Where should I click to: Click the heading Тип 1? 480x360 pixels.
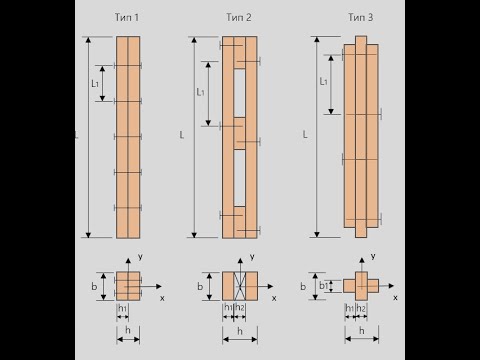tap(127, 17)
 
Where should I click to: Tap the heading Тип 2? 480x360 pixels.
tap(239, 17)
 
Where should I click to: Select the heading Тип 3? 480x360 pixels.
tap(361, 17)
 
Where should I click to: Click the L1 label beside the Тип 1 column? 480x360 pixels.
tap(95, 83)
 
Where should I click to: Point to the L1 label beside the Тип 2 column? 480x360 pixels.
tap(200, 92)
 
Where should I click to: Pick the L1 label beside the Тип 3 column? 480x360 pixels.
tap(323, 81)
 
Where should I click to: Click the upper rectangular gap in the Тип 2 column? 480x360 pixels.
tap(240, 93)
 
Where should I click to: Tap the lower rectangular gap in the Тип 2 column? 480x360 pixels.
tap(240, 178)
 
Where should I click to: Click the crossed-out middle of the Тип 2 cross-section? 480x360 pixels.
tap(240, 286)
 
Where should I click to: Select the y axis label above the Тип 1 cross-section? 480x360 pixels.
tap(140, 257)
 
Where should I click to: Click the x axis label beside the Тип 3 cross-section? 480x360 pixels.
tap(395, 297)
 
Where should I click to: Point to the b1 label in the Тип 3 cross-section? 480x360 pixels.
tap(324, 286)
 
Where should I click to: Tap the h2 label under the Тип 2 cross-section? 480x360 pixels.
tap(240, 307)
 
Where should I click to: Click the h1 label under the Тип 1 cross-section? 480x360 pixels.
tap(123, 308)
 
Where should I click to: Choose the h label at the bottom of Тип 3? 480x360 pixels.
tap(362, 331)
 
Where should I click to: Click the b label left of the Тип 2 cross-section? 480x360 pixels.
tap(200, 286)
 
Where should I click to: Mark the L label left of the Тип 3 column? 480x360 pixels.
tap(305, 135)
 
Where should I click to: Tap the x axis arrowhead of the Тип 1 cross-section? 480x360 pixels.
tap(159, 286)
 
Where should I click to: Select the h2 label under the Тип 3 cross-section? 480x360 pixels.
tap(361, 308)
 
